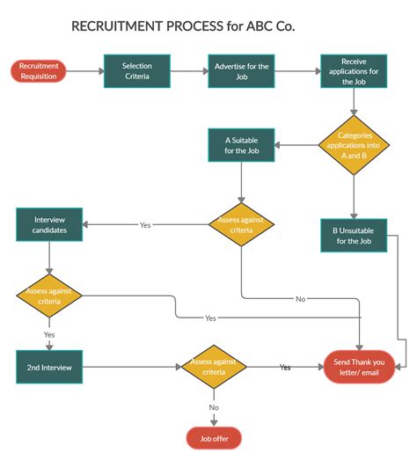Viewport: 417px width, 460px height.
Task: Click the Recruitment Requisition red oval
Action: [38, 70]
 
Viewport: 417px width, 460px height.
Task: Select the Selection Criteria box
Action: [136, 70]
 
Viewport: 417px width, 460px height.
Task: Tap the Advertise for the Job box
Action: [241, 70]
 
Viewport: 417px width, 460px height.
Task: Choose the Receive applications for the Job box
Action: [353, 70]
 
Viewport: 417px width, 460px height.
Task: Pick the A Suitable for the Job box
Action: [241, 145]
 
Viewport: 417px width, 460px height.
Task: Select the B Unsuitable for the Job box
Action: [353, 236]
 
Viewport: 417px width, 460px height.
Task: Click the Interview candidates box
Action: [49, 224]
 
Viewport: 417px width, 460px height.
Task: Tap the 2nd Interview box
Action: [49, 367]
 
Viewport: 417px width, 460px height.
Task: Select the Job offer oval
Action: [213, 437]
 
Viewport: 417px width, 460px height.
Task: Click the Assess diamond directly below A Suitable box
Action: [242, 224]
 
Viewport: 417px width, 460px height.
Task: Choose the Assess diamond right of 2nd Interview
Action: [213, 367]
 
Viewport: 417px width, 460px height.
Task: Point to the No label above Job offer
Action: [214, 407]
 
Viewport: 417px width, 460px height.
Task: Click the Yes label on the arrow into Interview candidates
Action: [145, 225]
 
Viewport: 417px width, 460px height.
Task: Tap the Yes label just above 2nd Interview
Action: [49, 334]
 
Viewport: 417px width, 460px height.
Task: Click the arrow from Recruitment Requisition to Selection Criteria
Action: [84, 70]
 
